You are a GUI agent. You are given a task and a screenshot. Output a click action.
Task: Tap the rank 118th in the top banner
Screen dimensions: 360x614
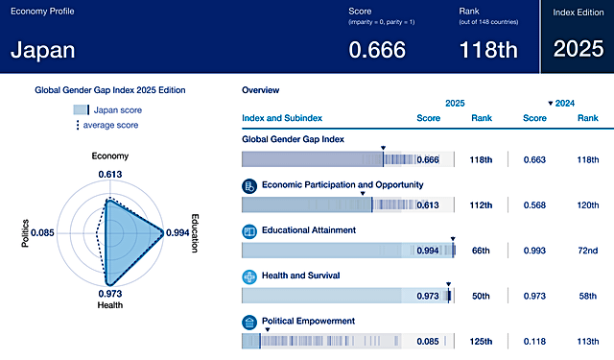click(490, 50)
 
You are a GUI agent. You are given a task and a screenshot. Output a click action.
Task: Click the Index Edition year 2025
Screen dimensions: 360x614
click(577, 50)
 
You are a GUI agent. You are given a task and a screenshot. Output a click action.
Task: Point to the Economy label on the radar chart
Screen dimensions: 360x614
click(110, 156)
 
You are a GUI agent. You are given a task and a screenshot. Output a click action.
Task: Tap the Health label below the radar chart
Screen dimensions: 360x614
click(110, 306)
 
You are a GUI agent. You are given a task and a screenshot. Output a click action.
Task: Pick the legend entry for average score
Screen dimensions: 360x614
click(109, 125)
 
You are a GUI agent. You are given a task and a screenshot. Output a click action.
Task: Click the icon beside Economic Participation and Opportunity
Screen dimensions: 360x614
click(249, 185)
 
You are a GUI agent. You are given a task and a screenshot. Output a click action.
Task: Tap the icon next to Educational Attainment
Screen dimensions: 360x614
click(249, 231)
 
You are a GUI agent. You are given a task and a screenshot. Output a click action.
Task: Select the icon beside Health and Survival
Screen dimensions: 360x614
click(249, 276)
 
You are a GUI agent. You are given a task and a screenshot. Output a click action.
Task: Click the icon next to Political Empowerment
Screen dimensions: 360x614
click(249, 322)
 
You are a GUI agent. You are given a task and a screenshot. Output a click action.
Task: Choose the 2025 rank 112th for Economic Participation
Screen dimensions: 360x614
click(481, 204)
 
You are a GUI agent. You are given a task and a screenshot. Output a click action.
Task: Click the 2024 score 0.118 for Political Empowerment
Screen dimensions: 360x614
click(536, 341)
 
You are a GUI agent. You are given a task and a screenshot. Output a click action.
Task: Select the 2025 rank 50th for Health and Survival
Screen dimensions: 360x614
click(481, 296)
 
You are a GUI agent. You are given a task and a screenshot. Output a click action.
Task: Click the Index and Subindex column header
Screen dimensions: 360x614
click(282, 118)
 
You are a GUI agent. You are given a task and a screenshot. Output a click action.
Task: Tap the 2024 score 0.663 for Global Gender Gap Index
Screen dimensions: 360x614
click(536, 159)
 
